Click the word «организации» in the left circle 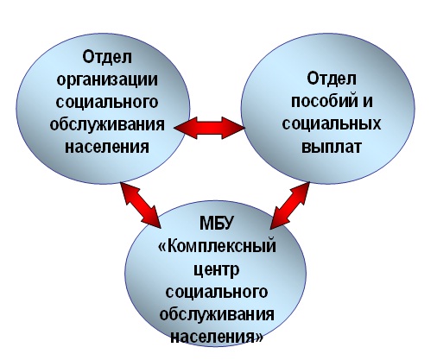pos(107,81)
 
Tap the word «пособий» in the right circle pos(322,101)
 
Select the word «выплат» pos(332,147)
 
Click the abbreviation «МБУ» pos(216,223)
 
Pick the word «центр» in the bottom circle pos(216,270)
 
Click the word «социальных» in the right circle pos(332,124)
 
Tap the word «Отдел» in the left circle pos(107,57)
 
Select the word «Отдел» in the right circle pos(332,79)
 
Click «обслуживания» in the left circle pos(107,125)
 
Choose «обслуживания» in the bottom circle pos(217,314)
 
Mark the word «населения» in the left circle pos(107,147)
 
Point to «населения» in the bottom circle pos(212,337)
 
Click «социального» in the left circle pos(107,102)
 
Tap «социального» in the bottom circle pos(217,292)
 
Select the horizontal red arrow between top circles pos(209,128)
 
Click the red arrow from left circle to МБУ pos(141,205)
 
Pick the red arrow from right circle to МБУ pos(290,205)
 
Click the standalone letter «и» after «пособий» pos(367,101)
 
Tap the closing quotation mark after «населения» pos(259,337)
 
